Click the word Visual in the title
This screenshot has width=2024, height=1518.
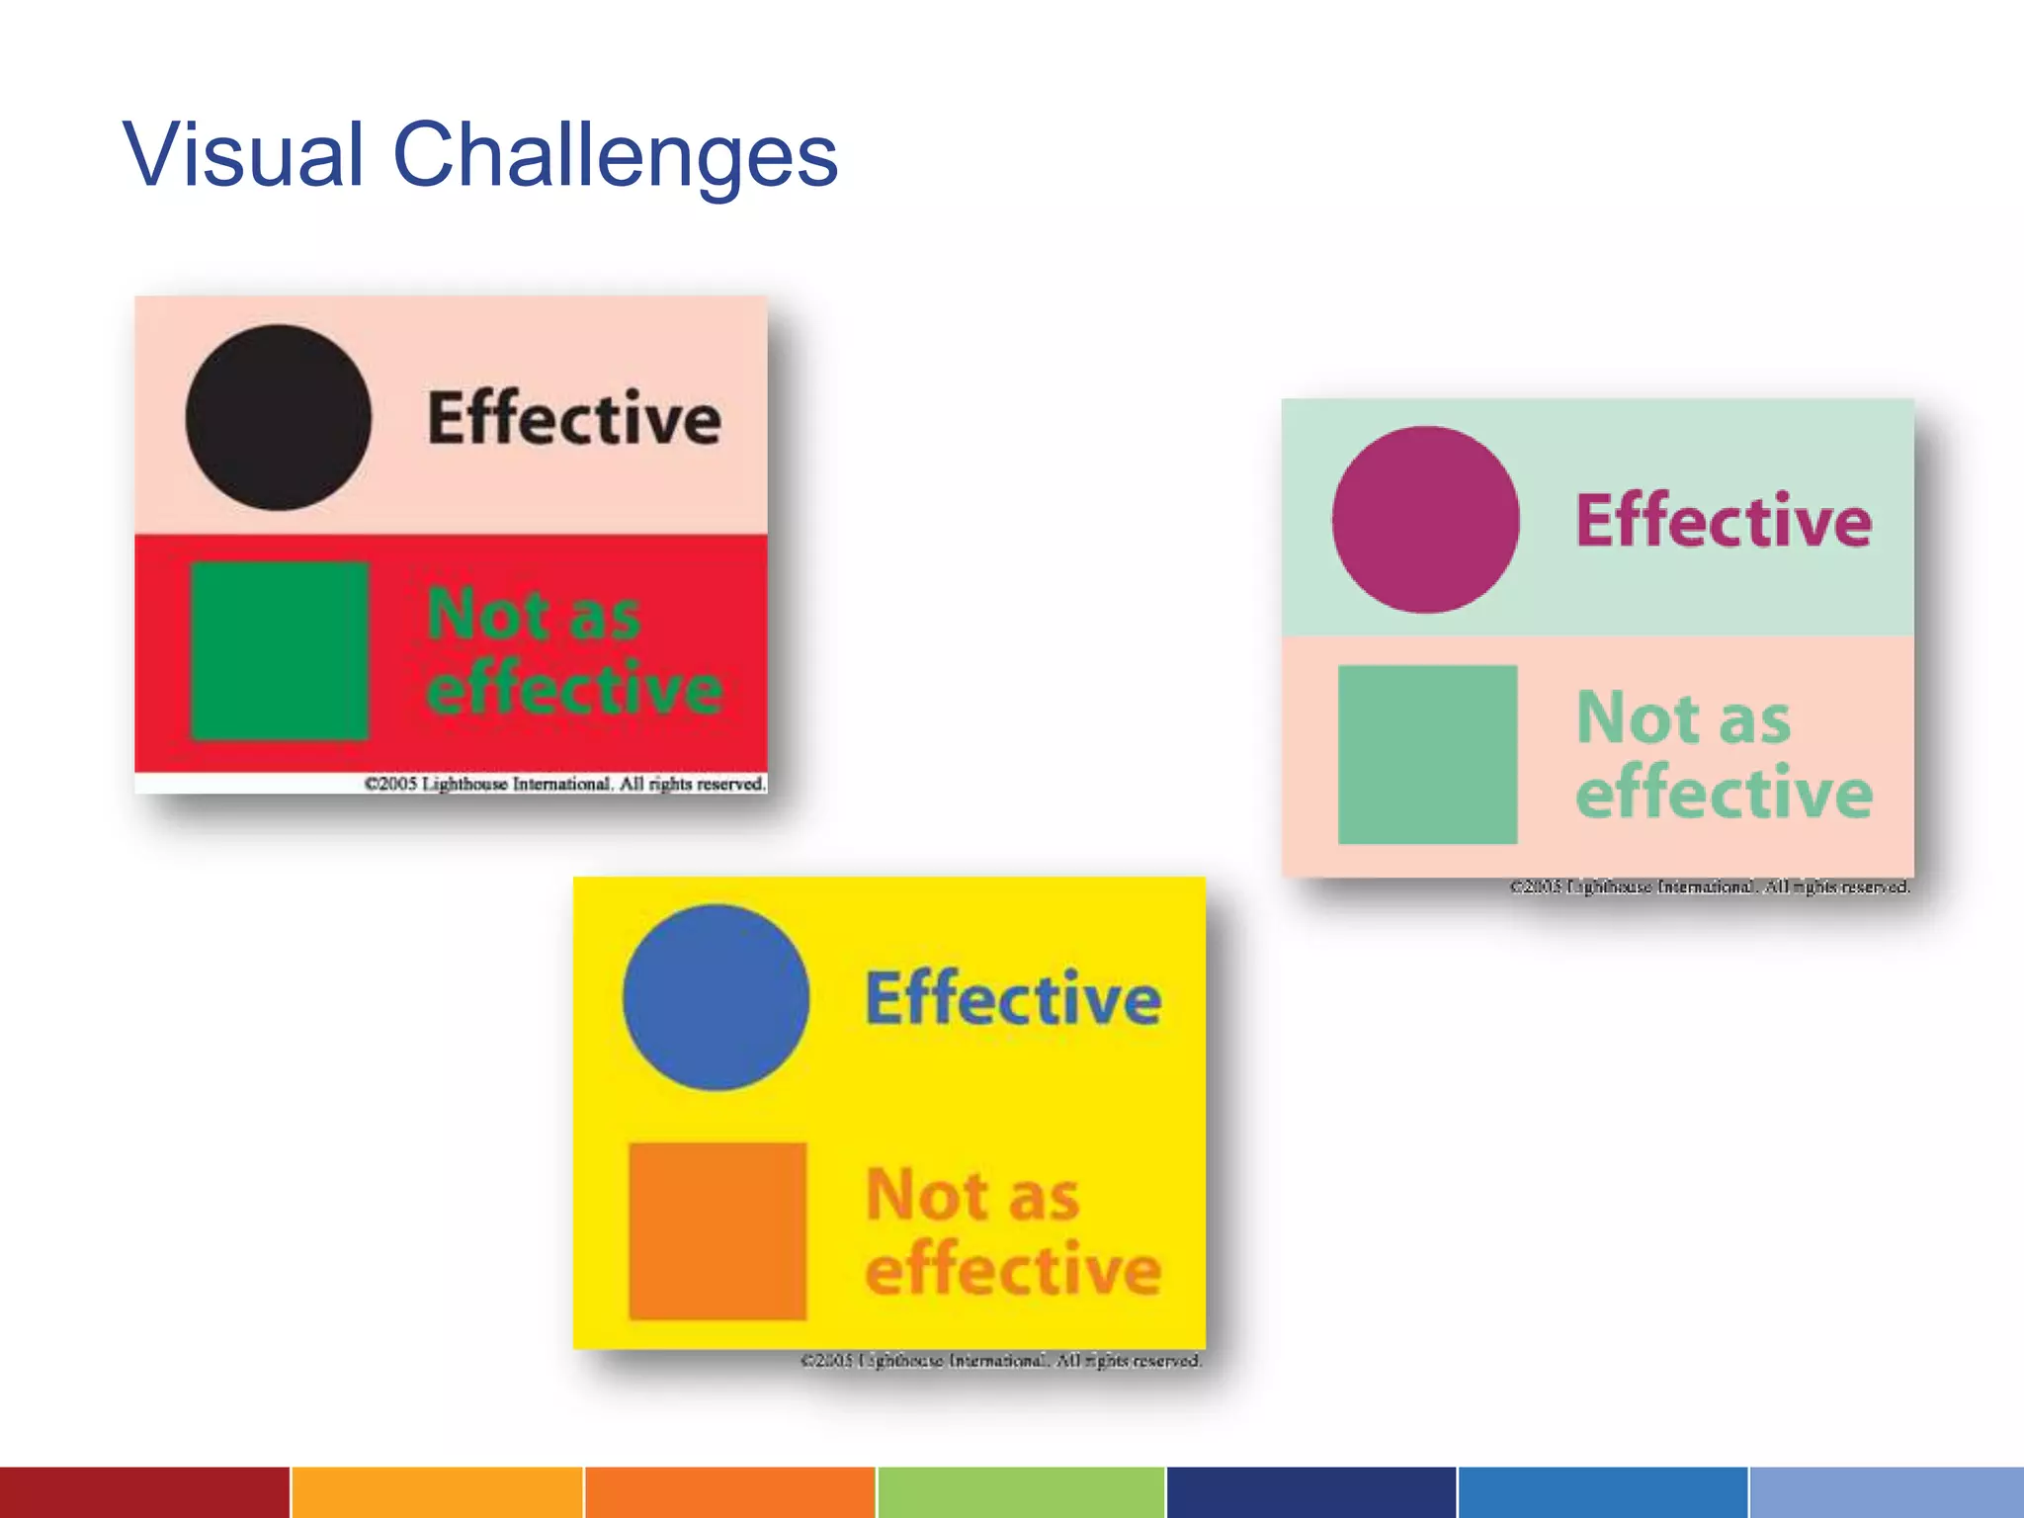[x=243, y=155]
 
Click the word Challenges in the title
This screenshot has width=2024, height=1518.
[x=615, y=155]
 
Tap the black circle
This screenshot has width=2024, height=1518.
[x=278, y=418]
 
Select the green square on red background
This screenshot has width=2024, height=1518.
[x=280, y=651]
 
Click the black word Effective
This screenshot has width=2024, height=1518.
[x=574, y=418]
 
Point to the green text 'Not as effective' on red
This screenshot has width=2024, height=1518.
[x=574, y=651]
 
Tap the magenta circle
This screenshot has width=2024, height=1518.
[x=1425, y=520]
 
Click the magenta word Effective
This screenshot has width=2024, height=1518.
[x=1724, y=521]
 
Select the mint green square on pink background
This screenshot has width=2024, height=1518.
[x=1427, y=754]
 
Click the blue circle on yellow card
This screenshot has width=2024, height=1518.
[x=716, y=998]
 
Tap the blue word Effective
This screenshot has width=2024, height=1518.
[x=1013, y=999]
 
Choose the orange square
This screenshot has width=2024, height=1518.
[x=717, y=1231]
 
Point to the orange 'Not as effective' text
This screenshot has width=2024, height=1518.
[x=1013, y=1231]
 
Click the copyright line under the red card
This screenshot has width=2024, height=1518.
[x=565, y=784]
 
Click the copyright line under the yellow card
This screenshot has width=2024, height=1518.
[x=1000, y=1361]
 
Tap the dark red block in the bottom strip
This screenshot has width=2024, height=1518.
[x=144, y=1492]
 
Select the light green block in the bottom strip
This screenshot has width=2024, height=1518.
[x=1020, y=1492]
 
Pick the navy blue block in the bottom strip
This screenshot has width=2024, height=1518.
[x=1310, y=1492]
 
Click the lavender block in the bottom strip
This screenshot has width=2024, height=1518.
[x=1886, y=1492]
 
